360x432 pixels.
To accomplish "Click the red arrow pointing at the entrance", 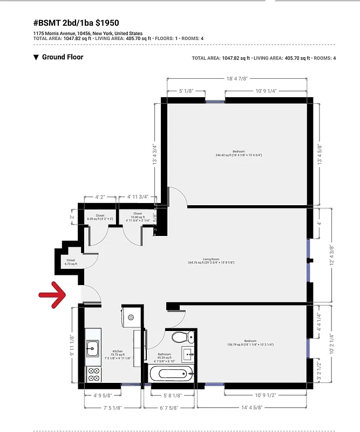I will point(52,294).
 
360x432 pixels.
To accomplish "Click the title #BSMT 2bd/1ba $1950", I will point(76,23).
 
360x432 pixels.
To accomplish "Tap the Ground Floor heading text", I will point(63,57).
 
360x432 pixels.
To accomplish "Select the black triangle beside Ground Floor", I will point(36,57).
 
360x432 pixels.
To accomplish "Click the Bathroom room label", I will point(164,354).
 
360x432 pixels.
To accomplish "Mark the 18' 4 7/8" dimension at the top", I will point(237,79).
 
